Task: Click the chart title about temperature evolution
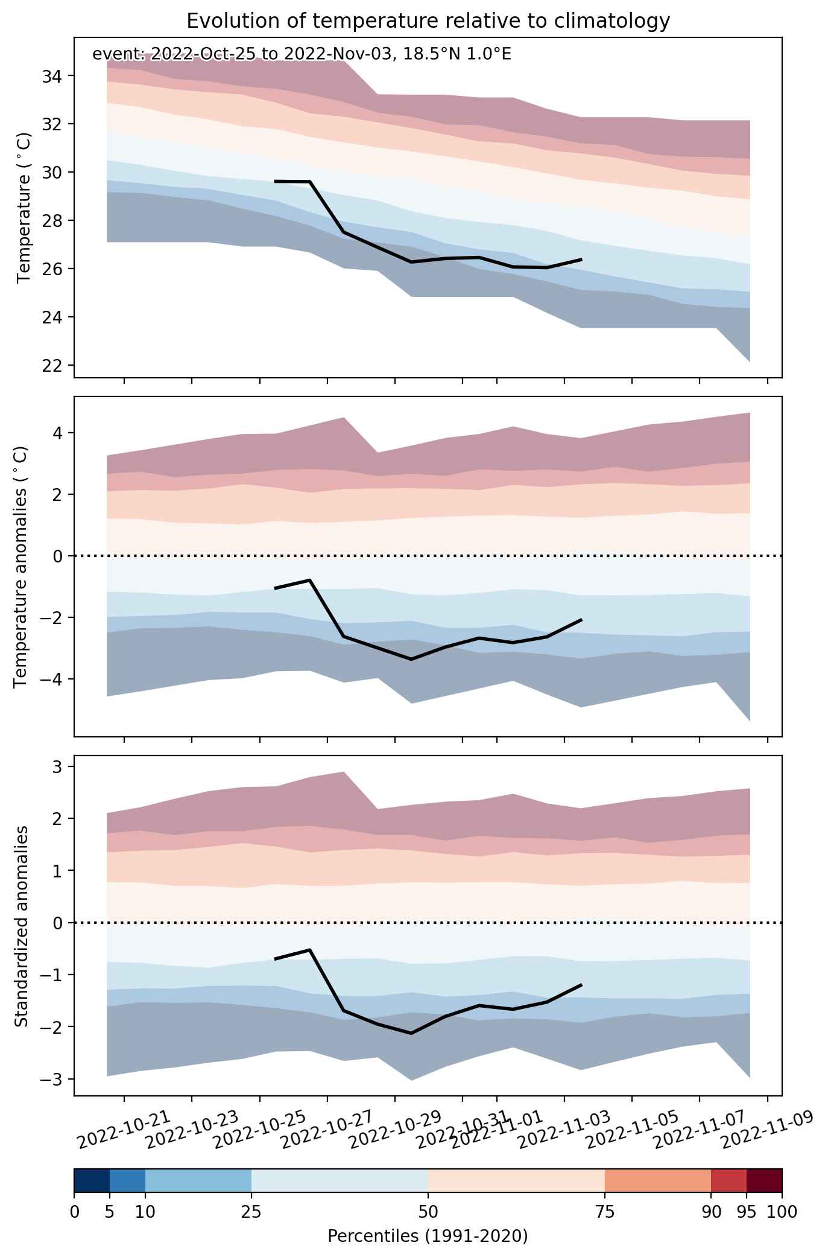[428, 21]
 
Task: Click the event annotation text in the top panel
[302, 55]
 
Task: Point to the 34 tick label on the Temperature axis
[56, 76]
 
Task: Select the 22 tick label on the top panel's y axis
[56, 366]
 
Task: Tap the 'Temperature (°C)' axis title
[24, 208]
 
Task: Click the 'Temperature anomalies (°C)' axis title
[22, 567]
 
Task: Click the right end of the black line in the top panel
[582, 259]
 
